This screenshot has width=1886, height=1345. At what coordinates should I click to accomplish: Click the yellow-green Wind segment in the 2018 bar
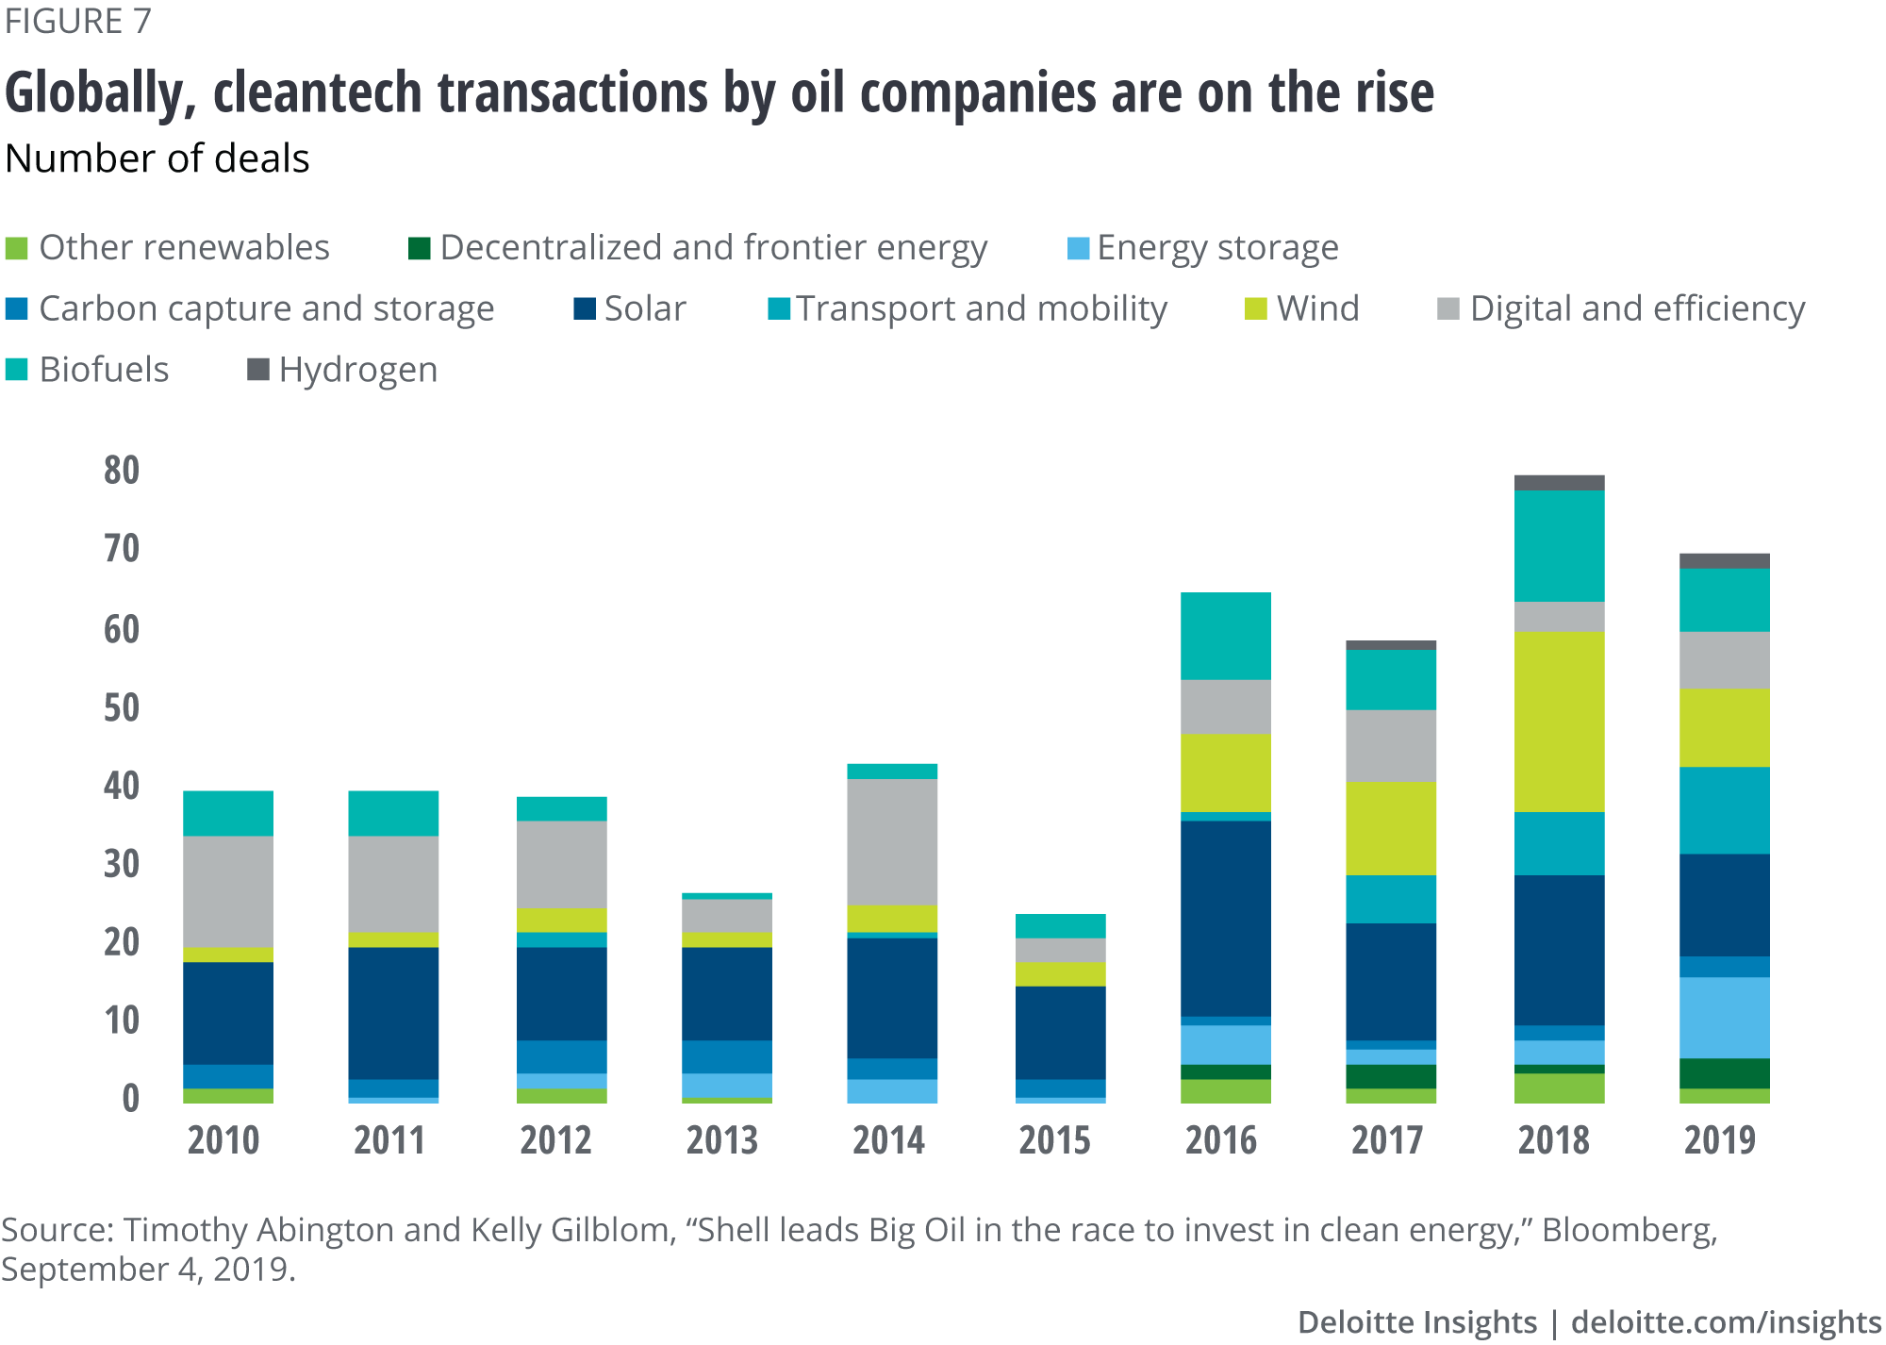point(1559,721)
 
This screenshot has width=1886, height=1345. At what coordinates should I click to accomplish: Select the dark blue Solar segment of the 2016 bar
point(1225,918)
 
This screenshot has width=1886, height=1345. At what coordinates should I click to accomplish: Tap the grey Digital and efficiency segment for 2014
point(892,841)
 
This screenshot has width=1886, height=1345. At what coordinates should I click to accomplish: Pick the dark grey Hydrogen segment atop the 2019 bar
point(1725,561)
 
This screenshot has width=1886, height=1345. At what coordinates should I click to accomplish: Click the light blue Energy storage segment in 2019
point(1725,1018)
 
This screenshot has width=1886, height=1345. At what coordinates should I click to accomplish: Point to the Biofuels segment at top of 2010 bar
point(228,813)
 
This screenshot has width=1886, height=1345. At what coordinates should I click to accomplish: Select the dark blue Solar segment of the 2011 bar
point(393,1013)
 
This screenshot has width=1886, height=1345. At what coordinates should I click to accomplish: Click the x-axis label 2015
point(1054,1140)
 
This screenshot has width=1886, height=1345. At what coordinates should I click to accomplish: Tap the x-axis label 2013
point(721,1140)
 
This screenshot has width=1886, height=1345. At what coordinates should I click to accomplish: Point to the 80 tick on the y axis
point(122,470)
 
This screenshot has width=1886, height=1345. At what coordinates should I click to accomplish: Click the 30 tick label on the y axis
point(122,863)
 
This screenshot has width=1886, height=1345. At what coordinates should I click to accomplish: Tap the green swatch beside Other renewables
point(17,248)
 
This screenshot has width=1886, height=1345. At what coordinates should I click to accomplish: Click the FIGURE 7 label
point(77,21)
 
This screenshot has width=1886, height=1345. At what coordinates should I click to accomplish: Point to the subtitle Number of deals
point(157,158)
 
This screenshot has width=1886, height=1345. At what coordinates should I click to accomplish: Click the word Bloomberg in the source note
point(1628,1230)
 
